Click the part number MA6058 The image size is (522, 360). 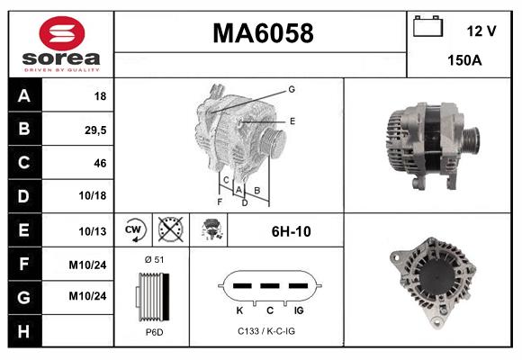click(263, 33)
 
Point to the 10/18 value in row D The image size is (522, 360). click(94, 196)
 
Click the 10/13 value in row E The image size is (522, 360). click(94, 231)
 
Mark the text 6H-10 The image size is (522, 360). click(291, 231)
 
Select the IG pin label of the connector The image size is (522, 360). click(298, 310)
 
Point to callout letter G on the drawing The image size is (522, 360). click(292, 89)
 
